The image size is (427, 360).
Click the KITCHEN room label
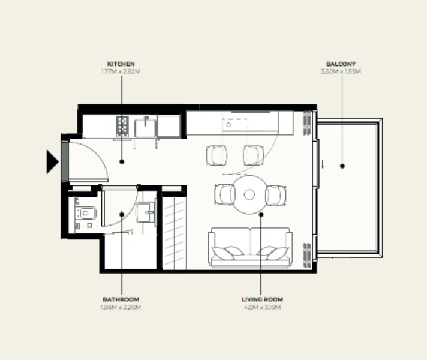pos(121,63)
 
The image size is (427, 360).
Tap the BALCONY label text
pos(341,63)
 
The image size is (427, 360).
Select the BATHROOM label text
pos(121,299)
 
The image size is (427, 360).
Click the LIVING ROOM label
pos(261,299)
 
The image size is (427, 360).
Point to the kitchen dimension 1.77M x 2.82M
pos(121,71)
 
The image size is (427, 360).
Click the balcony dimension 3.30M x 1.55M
pos(341,71)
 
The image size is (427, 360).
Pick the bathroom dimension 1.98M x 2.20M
pos(121,307)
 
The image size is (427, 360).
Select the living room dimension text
pos(261,307)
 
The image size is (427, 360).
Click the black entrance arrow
pos(53,161)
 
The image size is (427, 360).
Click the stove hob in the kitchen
pos(122,125)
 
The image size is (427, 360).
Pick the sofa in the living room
pos(250,247)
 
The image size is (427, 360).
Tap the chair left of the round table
pos(224,194)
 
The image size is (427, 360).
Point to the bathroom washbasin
pos(146,211)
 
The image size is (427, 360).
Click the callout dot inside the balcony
pos(342,166)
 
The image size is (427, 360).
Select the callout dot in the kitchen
pos(122,161)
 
